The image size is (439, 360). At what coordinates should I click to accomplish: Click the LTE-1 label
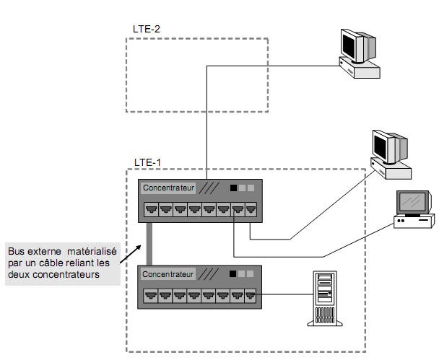click(x=147, y=162)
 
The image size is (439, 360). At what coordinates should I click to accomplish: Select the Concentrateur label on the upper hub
click(x=168, y=188)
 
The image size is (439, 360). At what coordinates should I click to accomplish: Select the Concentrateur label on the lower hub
click(x=168, y=275)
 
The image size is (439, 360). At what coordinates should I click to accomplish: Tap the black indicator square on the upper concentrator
click(x=233, y=188)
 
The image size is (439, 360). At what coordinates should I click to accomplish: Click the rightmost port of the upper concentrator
click(x=251, y=210)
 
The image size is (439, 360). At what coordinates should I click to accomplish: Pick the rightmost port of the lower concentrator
click(x=251, y=295)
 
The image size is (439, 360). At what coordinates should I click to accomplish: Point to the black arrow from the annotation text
click(x=130, y=253)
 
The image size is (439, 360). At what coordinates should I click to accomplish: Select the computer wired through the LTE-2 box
click(x=358, y=54)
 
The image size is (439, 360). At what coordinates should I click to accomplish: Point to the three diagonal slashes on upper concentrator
click(x=210, y=188)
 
